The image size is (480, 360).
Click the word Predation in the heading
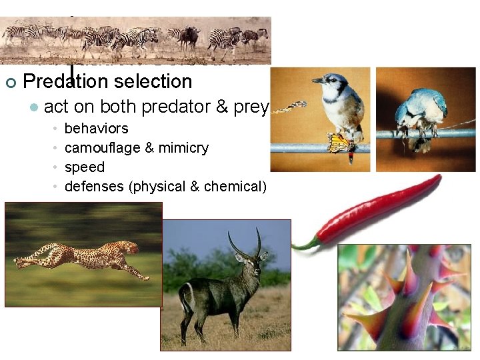click(x=64, y=82)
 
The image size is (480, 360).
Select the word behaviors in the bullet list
click(x=96, y=128)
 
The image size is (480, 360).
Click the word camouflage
click(x=102, y=147)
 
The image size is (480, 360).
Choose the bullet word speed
click(x=84, y=167)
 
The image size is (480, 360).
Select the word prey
click(x=251, y=107)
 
